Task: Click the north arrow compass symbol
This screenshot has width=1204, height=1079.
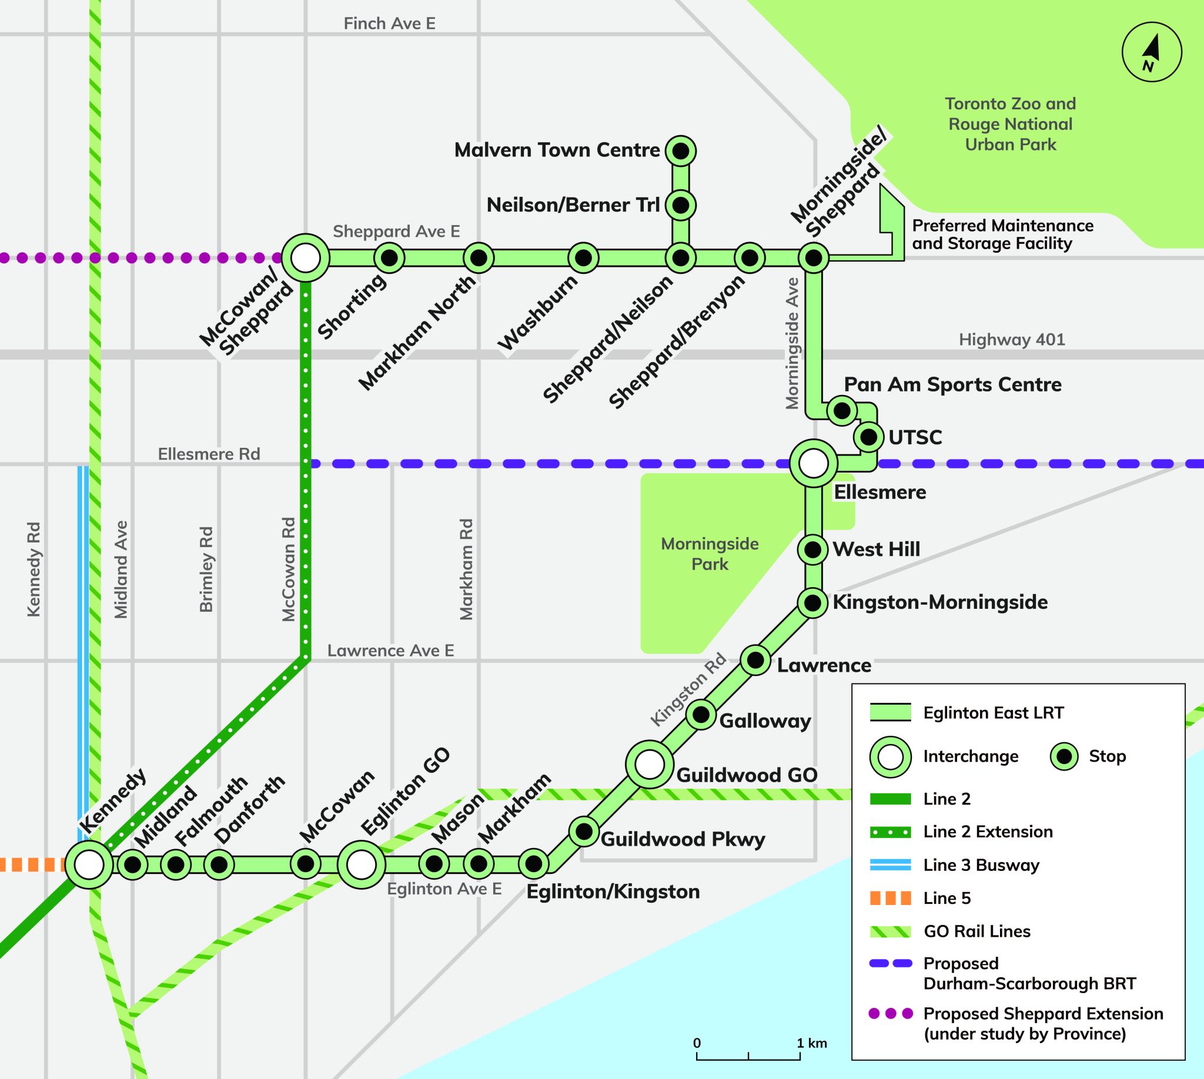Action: tap(1152, 52)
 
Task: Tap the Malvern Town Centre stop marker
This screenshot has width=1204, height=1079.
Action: tap(681, 151)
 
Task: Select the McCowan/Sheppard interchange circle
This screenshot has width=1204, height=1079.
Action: tap(305, 259)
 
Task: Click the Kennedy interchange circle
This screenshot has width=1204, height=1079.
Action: tap(89, 865)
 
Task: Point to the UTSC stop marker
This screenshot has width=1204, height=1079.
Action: tap(868, 437)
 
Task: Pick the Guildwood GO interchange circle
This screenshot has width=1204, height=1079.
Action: tap(650, 764)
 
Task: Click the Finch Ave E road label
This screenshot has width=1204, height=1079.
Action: tap(389, 24)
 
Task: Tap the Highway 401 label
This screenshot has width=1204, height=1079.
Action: tap(1012, 340)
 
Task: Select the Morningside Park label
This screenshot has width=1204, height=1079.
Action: tap(710, 554)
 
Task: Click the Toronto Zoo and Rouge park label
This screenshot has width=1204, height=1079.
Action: tap(1010, 125)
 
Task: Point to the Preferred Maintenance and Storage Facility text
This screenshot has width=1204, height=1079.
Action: tap(1002, 234)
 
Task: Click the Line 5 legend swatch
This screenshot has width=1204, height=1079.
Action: tap(890, 898)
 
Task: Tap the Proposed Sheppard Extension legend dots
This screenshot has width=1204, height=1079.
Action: tap(890, 1014)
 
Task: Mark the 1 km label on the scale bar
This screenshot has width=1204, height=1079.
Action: tap(811, 1043)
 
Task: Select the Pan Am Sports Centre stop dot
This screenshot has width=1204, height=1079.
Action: tap(841, 410)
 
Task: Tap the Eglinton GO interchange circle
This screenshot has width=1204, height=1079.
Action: tap(361, 865)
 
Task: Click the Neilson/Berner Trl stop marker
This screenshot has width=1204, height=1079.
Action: tap(681, 205)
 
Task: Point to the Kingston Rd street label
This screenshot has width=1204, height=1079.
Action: tap(688, 690)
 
